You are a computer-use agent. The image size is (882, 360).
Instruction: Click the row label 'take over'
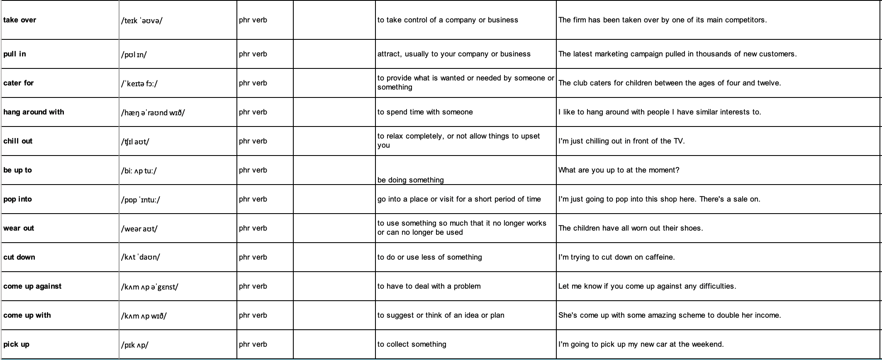(x=19, y=20)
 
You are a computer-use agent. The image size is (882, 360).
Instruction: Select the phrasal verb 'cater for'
(x=18, y=83)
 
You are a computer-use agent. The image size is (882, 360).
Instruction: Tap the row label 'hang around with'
(x=34, y=112)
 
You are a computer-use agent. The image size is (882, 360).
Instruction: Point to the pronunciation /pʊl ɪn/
(x=134, y=54)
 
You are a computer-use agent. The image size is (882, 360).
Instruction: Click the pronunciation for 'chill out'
(x=135, y=141)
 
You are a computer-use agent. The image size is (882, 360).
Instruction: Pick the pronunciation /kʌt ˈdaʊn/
(x=140, y=257)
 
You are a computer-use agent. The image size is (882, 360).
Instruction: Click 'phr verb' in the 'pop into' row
(x=253, y=199)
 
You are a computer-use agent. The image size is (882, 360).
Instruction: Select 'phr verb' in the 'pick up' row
(x=253, y=344)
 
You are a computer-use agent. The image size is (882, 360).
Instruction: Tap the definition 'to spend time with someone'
(x=425, y=112)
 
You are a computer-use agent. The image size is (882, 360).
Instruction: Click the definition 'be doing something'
(x=410, y=180)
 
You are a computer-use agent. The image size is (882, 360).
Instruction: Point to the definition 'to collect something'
(x=412, y=344)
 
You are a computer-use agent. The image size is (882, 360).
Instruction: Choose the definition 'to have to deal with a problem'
(x=429, y=286)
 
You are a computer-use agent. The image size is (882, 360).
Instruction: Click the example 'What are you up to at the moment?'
(x=619, y=170)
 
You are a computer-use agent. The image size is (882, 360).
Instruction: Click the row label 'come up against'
(x=32, y=286)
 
